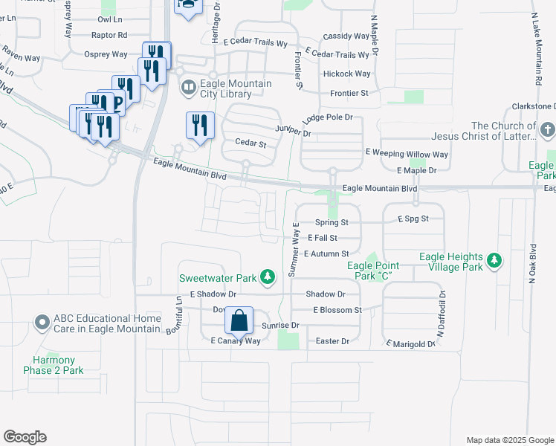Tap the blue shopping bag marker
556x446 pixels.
(239, 321)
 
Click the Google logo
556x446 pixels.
(25, 437)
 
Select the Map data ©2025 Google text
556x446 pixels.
(509, 440)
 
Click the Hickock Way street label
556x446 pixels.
(346, 74)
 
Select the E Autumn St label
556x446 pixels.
(326, 254)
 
